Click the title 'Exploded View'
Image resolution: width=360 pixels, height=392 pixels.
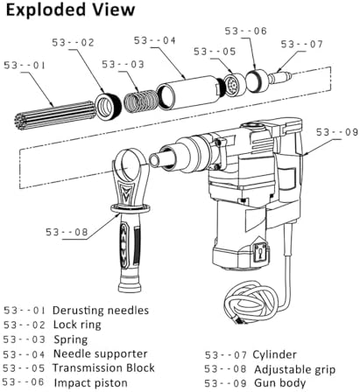pyautogui.click(x=70, y=10)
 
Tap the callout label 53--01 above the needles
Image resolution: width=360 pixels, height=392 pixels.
pyautogui.click(x=25, y=66)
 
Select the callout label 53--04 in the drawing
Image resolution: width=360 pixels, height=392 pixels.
pyautogui.click(x=155, y=40)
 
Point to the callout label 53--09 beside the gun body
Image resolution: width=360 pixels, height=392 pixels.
pyautogui.click(x=337, y=132)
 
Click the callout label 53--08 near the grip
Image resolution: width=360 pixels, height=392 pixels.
pyautogui.click(x=67, y=232)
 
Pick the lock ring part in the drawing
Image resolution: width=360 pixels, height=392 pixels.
pyautogui.click(x=109, y=106)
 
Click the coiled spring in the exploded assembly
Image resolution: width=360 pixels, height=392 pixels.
pyautogui.click(x=140, y=101)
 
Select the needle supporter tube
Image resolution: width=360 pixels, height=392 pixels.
pyautogui.click(x=189, y=92)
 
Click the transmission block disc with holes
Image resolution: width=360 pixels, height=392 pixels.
pyautogui.click(x=235, y=85)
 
